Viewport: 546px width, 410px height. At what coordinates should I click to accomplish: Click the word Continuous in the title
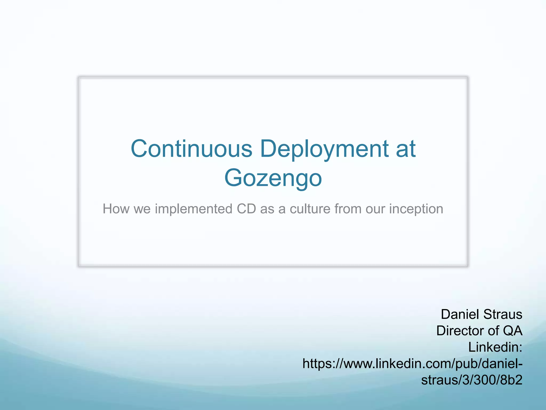191,149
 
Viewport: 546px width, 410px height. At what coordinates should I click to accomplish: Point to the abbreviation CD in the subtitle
246,209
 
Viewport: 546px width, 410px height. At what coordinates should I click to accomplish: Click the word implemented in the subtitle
194,209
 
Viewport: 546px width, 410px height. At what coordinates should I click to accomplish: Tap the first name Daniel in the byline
457,314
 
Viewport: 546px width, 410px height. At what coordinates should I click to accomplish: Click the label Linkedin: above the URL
495,347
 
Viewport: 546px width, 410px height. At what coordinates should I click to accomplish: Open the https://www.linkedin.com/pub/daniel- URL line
412,364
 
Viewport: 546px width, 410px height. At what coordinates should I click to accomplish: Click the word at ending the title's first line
406,149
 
